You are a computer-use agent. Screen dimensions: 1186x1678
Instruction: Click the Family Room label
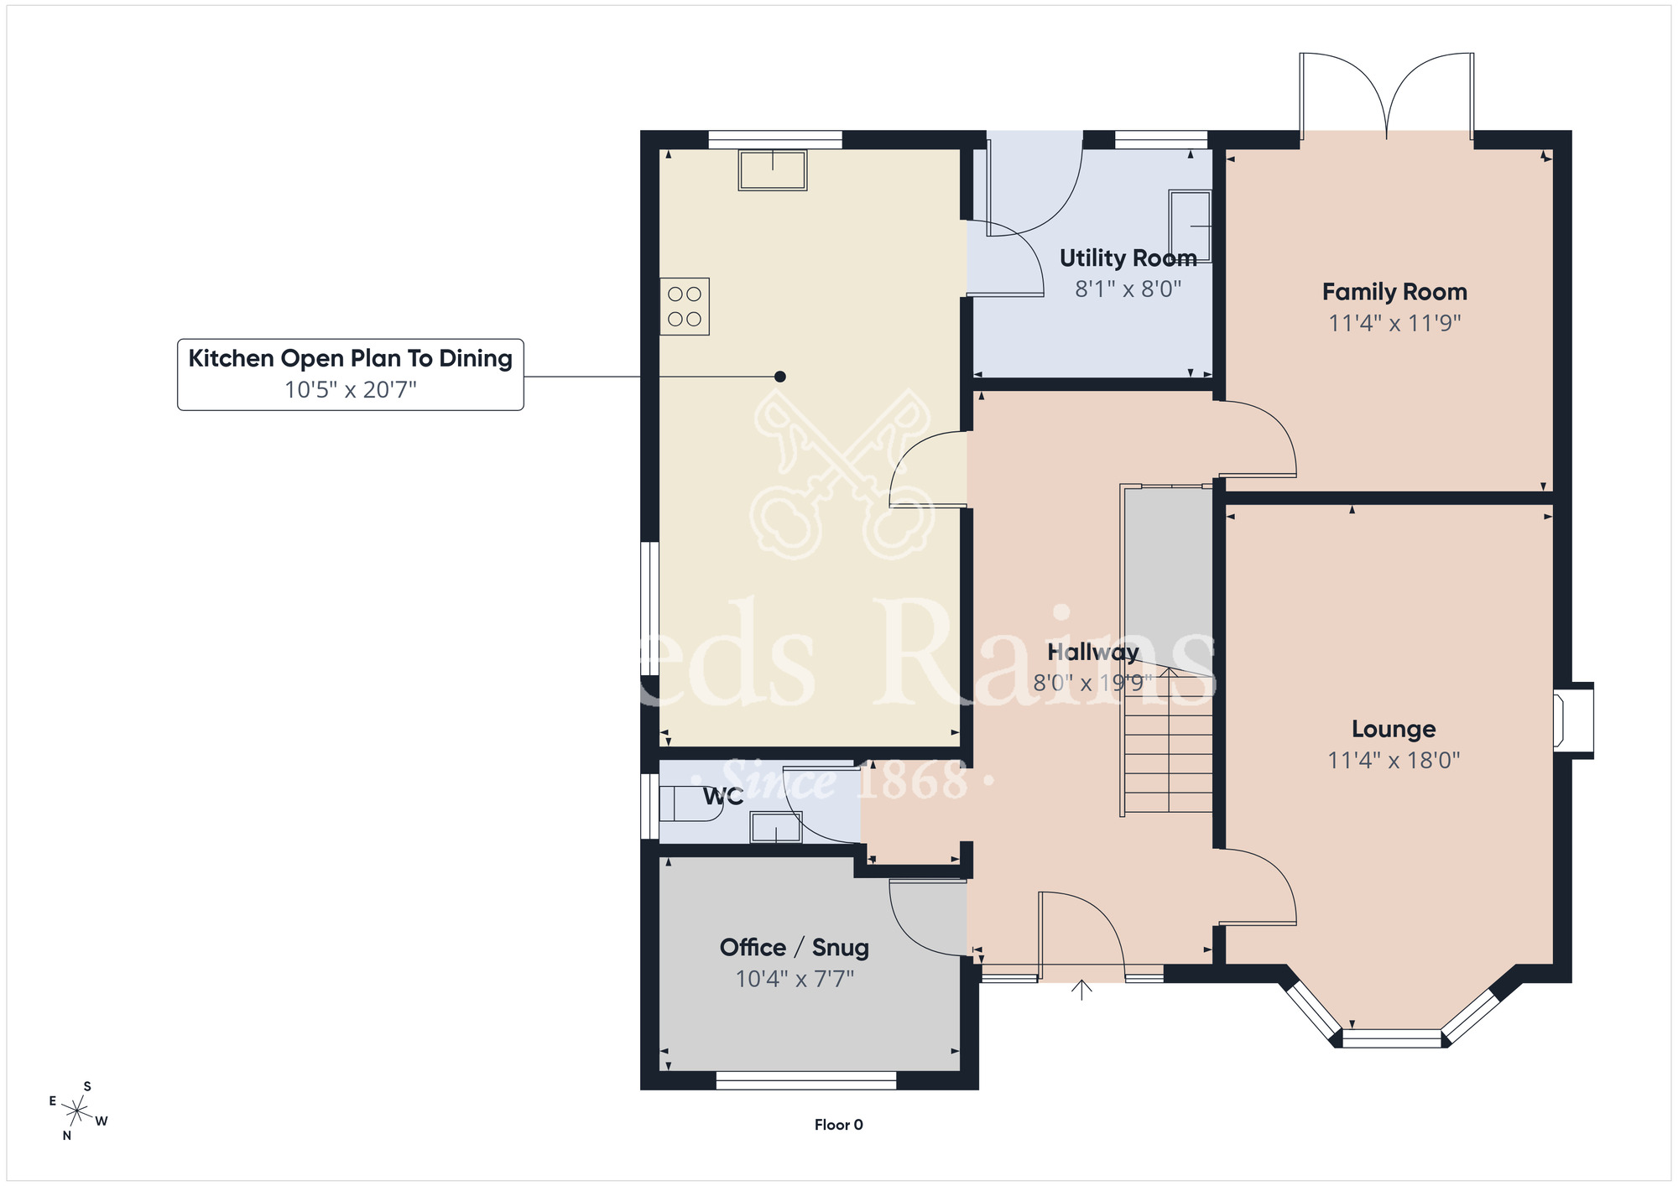[x=1394, y=292]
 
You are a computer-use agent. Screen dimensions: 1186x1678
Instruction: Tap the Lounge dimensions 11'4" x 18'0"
[x=1394, y=760]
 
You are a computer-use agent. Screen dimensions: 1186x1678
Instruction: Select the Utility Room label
[x=1128, y=257]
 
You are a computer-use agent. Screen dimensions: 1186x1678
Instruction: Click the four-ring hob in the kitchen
[x=685, y=306]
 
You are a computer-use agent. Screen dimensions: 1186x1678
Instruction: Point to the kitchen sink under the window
[x=772, y=170]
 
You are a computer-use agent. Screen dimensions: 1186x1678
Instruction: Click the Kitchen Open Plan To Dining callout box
[x=350, y=374]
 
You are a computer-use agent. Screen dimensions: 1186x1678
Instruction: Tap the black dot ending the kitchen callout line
[x=780, y=377]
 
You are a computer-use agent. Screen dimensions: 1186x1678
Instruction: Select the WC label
[x=722, y=796]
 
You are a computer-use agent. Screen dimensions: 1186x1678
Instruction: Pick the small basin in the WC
[x=775, y=827]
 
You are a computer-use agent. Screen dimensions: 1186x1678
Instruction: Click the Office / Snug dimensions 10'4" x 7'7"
[x=795, y=979]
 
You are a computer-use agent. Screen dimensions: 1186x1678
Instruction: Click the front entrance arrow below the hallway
[x=1082, y=991]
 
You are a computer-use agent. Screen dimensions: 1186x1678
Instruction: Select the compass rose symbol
[x=78, y=1111]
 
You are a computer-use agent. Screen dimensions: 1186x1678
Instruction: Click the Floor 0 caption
[x=838, y=1125]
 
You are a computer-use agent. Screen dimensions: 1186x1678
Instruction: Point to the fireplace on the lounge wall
[x=1571, y=720]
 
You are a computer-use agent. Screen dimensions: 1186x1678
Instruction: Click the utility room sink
[x=1191, y=226]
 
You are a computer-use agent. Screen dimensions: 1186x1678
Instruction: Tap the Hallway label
[x=1092, y=652]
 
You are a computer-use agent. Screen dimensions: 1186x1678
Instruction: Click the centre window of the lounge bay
[x=1391, y=1038]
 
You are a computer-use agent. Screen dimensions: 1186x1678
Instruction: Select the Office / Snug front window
[x=805, y=1080]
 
